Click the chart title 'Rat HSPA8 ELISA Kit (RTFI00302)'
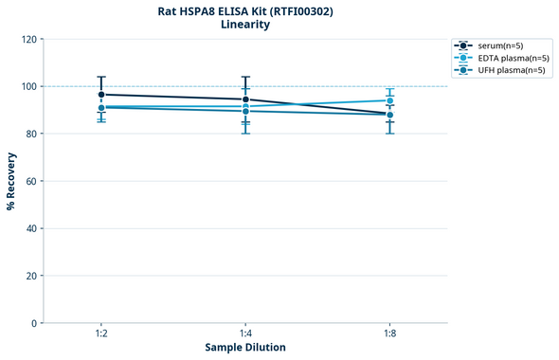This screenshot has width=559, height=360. pos(245,11)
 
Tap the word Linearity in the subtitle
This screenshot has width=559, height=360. pos(245,26)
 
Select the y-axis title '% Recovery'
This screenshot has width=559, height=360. pos(11,180)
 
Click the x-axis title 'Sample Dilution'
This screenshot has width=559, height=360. pos(245,348)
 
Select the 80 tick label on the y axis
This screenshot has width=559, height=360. pos(32,134)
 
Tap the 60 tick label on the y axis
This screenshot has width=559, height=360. pos(32,181)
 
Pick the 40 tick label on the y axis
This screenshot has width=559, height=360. pos(32,228)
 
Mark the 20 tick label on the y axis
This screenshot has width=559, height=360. pos(32,276)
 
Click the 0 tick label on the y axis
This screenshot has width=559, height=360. pos(35,323)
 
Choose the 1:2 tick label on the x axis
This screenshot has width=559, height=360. pos(100,334)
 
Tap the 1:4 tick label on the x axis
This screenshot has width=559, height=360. pos(245,334)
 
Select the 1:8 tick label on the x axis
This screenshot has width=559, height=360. pos(389,334)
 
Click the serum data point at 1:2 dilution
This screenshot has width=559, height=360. pos(101,95)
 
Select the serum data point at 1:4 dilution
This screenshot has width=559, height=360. pos(245,99)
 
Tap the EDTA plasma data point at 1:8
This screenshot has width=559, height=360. pos(389,100)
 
